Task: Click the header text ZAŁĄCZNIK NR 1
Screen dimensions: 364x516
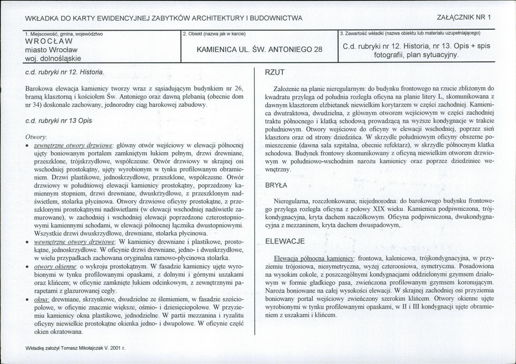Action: [463, 18]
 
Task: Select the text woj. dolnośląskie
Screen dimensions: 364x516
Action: [53, 58]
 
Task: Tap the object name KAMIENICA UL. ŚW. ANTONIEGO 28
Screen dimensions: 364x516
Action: [259, 49]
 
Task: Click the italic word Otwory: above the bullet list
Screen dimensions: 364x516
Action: [36, 136]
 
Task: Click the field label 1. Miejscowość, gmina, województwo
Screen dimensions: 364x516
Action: [64, 34]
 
